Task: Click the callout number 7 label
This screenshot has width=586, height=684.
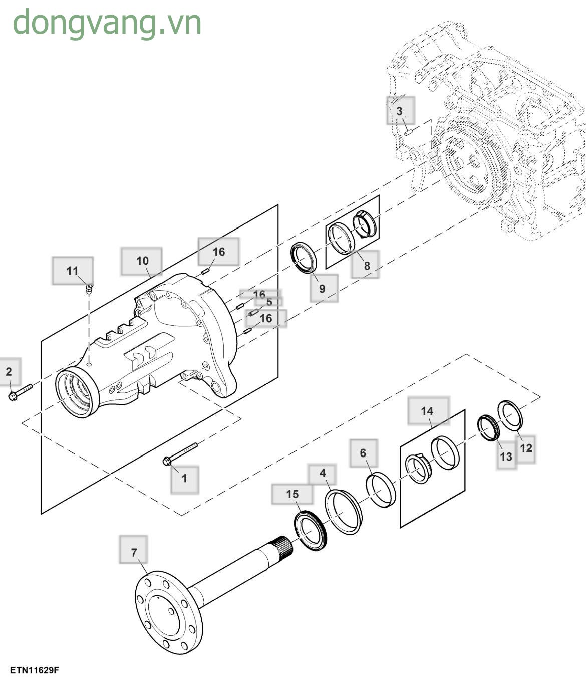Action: pyautogui.click(x=134, y=552)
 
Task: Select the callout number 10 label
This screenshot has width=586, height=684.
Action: pyautogui.click(x=142, y=261)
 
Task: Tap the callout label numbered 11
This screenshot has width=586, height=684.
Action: pyautogui.click(x=73, y=271)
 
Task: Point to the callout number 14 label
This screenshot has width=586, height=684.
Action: pyautogui.click(x=427, y=411)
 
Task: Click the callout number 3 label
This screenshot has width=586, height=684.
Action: pyautogui.click(x=400, y=111)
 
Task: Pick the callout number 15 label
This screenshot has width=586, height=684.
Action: pyautogui.click(x=292, y=494)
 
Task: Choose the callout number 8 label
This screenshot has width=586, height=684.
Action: pyautogui.click(x=367, y=265)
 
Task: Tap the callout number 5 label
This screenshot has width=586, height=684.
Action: pyautogui.click(x=269, y=302)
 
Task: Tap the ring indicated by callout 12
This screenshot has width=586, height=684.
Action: pyautogui.click(x=511, y=415)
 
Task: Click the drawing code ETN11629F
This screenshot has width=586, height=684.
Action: pyautogui.click(x=34, y=670)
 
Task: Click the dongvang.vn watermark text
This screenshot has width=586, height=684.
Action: pyautogui.click(x=107, y=23)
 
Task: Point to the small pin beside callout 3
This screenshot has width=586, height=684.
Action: pyautogui.click(x=408, y=133)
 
